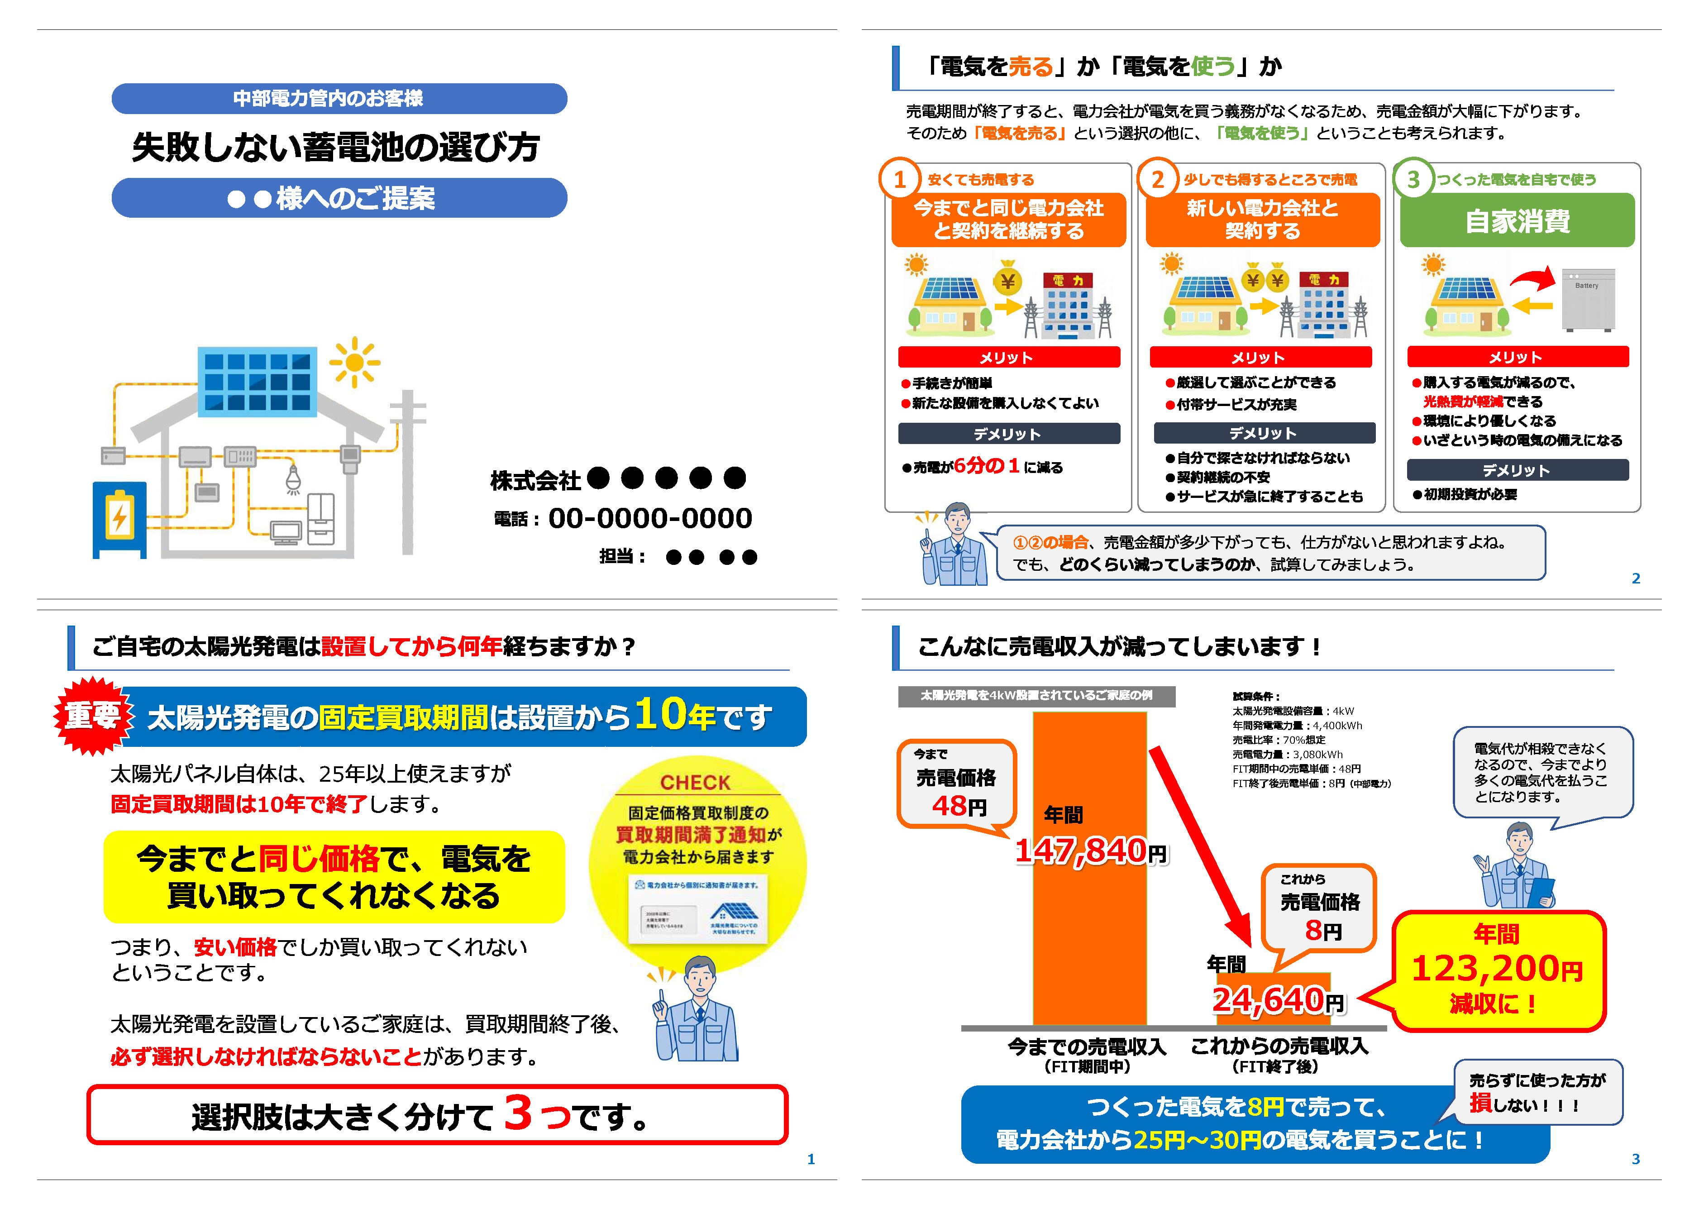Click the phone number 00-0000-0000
coord(649,518)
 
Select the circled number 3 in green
coord(1413,179)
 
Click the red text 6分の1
coord(987,466)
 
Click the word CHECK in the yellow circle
coord(695,783)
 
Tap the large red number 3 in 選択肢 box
coord(518,1113)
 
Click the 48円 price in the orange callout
coord(959,806)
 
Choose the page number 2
coord(1635,578)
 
